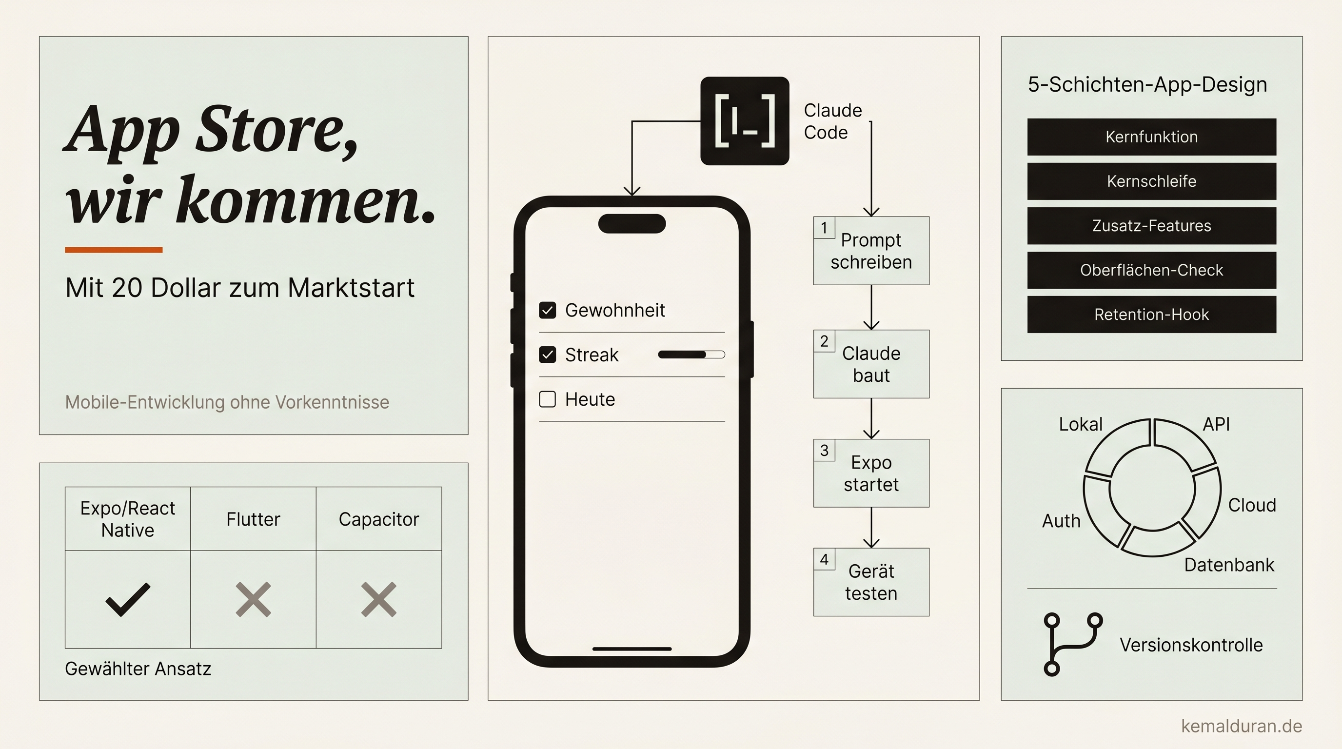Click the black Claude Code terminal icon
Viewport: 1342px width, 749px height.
(745, 121)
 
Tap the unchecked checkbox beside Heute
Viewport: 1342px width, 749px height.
(547, 399)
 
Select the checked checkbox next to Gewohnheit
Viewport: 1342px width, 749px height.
(547, 311)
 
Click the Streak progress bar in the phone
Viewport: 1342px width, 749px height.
(691, 355)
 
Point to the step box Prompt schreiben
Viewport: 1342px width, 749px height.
(871, 251)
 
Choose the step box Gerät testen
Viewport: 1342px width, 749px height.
(871, 582)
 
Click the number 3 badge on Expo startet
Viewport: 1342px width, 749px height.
(824, 450)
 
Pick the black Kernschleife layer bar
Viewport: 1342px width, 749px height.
(1151, 181)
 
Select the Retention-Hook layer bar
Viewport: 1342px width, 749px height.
(1151, 315)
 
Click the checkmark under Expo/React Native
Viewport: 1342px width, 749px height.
(128, 599)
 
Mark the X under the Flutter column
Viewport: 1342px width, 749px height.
(253, 599)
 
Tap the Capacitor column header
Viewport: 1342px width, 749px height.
(379, 519)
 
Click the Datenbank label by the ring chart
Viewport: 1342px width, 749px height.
(1229, 565)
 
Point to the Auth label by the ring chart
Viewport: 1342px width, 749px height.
(1061, 521)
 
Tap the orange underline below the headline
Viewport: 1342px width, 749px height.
(114, 250)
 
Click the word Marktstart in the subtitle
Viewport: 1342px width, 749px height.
(351, 288)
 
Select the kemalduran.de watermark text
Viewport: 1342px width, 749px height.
(1242, 726)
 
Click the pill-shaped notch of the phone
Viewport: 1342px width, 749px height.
(632, 223)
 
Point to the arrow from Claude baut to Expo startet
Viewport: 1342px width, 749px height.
(871, 419)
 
